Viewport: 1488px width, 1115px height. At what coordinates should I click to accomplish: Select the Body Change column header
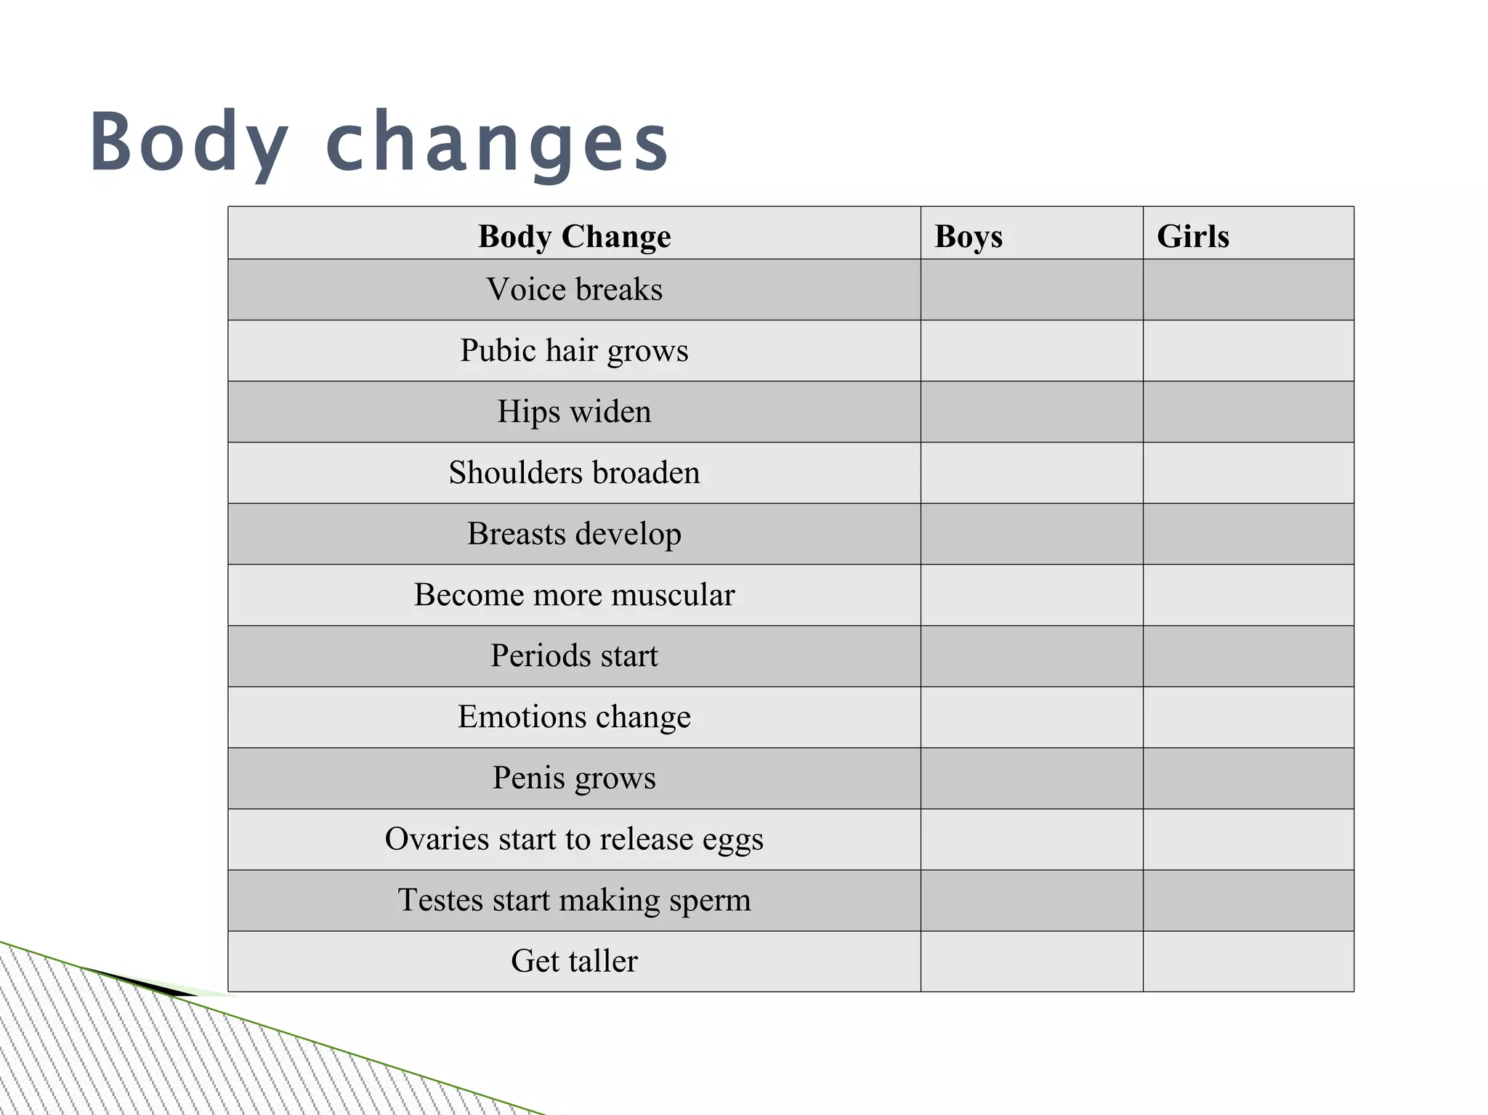(x=574, y=236)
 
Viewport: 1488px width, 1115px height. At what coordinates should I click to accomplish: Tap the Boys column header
(x=968, y=236)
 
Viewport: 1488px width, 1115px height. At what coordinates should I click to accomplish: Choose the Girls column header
(x=1192, y=236)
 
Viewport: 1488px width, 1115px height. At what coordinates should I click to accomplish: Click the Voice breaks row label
(x=574, y=289)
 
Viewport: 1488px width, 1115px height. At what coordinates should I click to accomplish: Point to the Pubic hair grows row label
(x=574, y=351)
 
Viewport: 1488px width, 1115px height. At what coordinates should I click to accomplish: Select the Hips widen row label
(x=574, y=412)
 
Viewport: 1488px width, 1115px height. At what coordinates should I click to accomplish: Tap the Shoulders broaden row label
(x=574, y=473)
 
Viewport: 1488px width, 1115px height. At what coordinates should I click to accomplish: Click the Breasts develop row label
(x=574, y=534)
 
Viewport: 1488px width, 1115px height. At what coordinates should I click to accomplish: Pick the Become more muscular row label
(x=574, y=595)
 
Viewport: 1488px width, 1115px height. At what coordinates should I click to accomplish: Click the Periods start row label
(x=574, y=656)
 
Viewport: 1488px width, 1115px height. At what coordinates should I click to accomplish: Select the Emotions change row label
(x=574, y=717)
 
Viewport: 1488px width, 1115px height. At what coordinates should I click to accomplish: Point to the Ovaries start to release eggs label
(x=574, y=839)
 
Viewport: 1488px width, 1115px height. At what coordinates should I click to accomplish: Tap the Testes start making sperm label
(x=574, y=900)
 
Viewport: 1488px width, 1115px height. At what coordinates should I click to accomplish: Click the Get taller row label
(x=574, y=961)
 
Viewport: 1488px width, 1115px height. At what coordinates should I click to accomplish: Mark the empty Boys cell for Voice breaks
(x=1032, y=289)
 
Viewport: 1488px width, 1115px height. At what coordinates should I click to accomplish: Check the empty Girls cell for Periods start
(x=1248, y=656)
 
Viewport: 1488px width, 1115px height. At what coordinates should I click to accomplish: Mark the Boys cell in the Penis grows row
(x=1032, y=778)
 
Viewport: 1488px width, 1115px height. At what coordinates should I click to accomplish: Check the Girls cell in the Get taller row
(x=1248, y=961)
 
